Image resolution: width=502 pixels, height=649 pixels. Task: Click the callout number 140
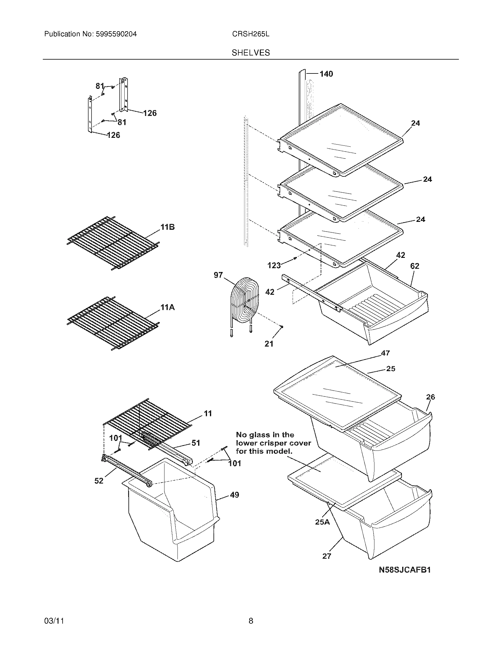(x=326, y=74)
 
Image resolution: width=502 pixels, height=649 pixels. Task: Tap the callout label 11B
(x=167, y=227)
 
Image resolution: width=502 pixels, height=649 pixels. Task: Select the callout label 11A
(x=167, y=308)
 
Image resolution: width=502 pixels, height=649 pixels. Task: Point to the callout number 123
(x=274, y=265)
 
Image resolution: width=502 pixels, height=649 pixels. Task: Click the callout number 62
(x=415, y=266)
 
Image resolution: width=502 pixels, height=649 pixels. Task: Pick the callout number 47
(x=385, y=353)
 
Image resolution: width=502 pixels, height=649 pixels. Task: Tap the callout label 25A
(x=322, y=522)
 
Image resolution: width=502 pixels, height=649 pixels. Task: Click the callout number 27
(x=327, y=556)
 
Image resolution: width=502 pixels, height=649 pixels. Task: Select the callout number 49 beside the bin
(x=234, y=495)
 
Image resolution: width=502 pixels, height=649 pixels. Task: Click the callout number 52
(x=99, y=481)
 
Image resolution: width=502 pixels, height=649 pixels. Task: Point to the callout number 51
(x=195, y=443)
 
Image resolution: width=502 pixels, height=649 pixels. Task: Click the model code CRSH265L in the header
(x=251, y=34)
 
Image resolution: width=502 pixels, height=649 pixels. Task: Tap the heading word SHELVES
(x=251, y=53)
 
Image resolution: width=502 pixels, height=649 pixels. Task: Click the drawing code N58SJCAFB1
(x=405, y=578)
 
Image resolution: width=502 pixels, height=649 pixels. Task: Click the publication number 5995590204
(x=116, y=34)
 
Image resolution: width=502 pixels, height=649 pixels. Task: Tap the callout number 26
(x=430, y=397)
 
